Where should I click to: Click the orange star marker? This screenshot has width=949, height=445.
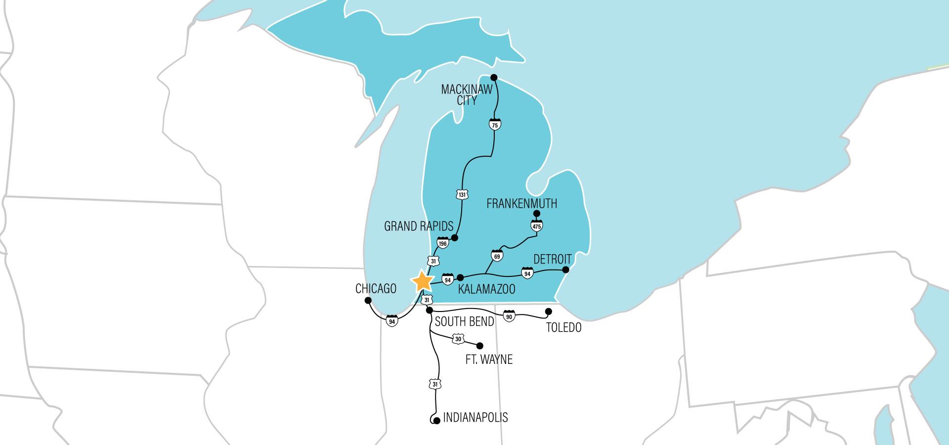coord(423,281)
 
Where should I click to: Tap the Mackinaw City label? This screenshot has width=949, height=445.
coord(467,94)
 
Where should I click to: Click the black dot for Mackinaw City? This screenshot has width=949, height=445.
coord(493,77)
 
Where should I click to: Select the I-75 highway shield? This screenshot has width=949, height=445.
coord(494,124)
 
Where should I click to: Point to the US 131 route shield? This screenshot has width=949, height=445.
coord(462,194)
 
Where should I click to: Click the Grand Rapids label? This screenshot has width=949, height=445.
coord(419,226)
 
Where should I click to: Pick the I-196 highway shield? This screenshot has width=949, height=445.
coord(443,243)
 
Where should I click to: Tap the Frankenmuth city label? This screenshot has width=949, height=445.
coord(522,203)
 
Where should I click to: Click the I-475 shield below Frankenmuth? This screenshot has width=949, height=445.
coord(537,226)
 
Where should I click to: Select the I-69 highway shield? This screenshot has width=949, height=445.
coord(497,256)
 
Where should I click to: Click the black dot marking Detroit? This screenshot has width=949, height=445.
coord(566,270)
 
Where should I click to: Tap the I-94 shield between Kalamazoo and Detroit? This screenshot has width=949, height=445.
coord(527,272)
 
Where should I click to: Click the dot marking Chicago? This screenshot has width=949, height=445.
coord(368,300)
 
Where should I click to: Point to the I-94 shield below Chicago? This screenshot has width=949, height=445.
coord(392,321)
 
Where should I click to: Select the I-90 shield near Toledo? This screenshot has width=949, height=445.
coord(509,315)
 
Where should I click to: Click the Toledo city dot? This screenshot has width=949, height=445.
coord(548,311)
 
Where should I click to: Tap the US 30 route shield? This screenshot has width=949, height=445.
coord(458,339)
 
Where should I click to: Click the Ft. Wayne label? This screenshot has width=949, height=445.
coord(489,359)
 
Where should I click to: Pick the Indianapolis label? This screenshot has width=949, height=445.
coord(475,417)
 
